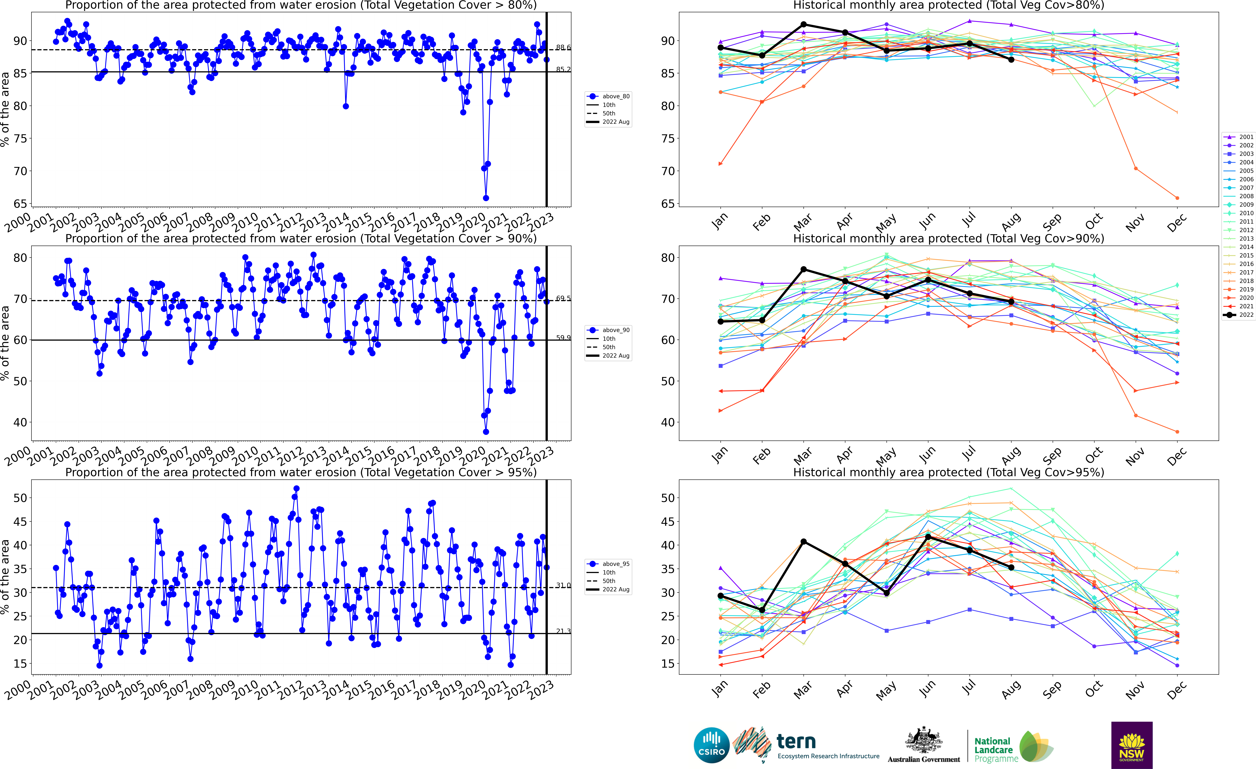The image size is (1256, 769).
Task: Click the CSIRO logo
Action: pos(712,745)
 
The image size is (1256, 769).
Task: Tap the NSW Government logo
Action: pos(1132,745)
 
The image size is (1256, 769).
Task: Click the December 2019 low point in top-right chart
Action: pos(1177,198)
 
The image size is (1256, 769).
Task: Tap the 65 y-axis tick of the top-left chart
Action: pos(20,204)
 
